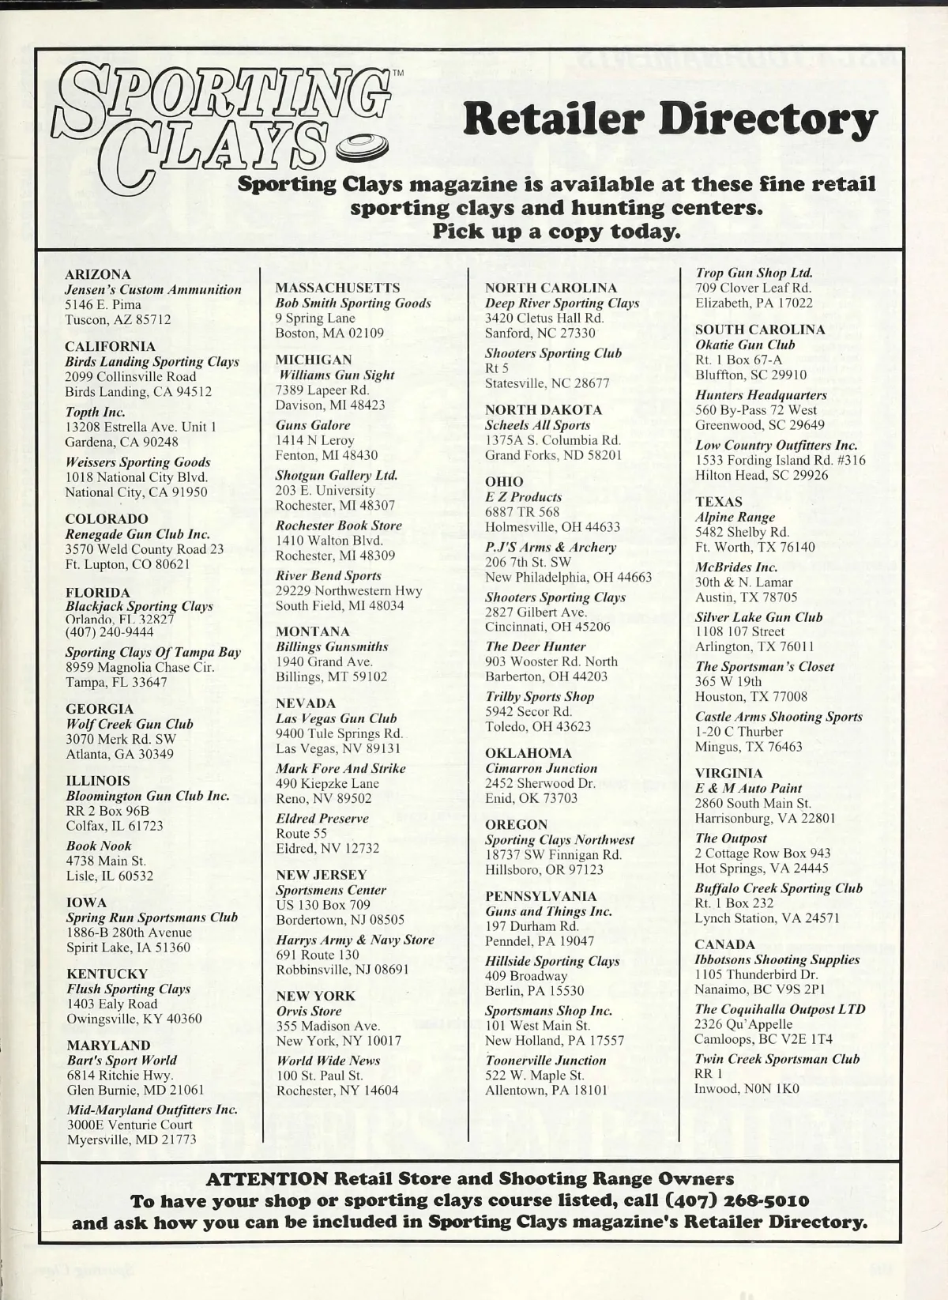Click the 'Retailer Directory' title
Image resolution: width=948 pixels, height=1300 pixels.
670,120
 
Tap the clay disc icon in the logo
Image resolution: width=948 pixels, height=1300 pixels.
363,148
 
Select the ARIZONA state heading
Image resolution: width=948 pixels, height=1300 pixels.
98,274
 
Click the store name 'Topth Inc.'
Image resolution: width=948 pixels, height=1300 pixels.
96,412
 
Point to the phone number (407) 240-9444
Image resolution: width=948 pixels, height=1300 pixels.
110,632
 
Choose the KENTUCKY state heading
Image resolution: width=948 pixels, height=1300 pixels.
107,974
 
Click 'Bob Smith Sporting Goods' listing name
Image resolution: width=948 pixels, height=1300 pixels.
353,303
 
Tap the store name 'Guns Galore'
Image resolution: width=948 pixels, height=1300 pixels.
313,425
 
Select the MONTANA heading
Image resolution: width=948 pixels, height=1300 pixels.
313,631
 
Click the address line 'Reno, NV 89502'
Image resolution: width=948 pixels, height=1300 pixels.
324,798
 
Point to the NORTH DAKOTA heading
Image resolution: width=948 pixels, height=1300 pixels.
544,409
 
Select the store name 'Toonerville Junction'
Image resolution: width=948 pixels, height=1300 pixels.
546,1061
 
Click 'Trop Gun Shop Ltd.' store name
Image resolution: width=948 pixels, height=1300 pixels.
754,273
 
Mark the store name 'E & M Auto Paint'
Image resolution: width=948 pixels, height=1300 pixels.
748,788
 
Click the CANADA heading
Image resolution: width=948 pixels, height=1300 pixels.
725,944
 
